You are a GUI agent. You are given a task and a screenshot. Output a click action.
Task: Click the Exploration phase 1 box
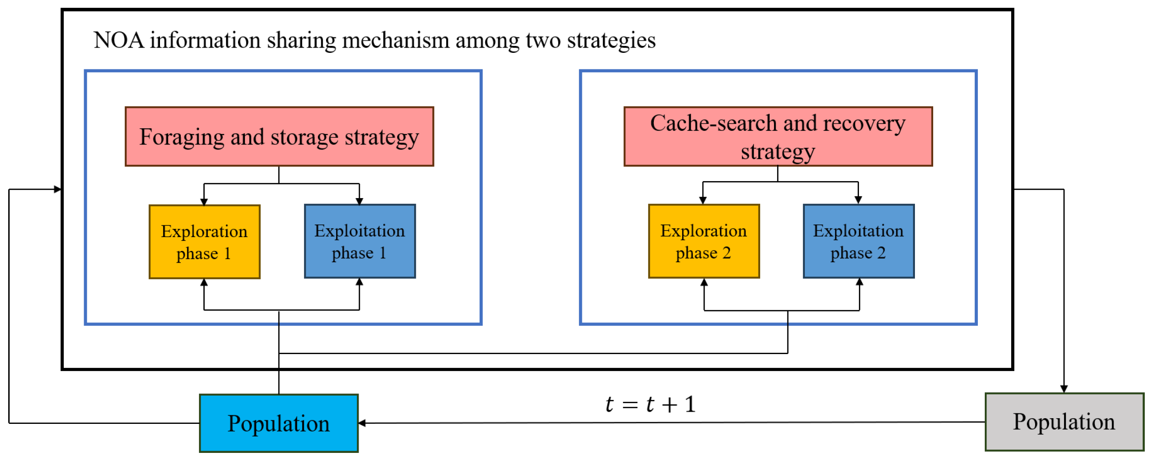(205, 242)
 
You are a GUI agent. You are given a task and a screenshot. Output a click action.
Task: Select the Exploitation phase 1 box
(360, 241)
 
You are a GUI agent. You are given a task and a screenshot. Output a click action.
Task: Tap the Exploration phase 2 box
(704, 241)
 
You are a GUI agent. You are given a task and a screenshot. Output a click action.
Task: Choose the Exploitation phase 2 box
(859, 241)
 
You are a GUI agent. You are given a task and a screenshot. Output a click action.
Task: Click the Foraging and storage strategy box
(279, 137)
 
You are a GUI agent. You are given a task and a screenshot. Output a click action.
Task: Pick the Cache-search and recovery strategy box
(778, 137)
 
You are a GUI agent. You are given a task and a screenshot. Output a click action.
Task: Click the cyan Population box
(278, 423)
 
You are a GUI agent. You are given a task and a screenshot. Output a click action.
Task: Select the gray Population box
(1064, 422)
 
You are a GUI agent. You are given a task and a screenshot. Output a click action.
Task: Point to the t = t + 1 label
(650, 404)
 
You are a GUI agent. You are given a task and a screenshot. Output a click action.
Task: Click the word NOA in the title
(119, 40)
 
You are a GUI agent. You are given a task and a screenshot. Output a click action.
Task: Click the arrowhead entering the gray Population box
(1064, 389)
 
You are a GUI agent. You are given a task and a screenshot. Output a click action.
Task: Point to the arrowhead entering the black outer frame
(57, 189)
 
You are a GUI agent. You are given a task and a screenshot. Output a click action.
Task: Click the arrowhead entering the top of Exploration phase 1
(204, 202)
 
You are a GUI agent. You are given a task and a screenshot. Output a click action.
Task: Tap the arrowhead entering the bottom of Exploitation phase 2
(859, 282)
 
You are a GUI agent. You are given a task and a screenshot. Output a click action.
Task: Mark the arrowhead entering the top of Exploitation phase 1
(359, 201)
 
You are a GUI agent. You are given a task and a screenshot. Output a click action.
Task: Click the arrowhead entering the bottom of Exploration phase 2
(704, 282)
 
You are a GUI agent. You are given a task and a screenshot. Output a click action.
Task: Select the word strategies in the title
(611, 40)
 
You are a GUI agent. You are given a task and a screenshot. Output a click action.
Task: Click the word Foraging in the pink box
(182, 138)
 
